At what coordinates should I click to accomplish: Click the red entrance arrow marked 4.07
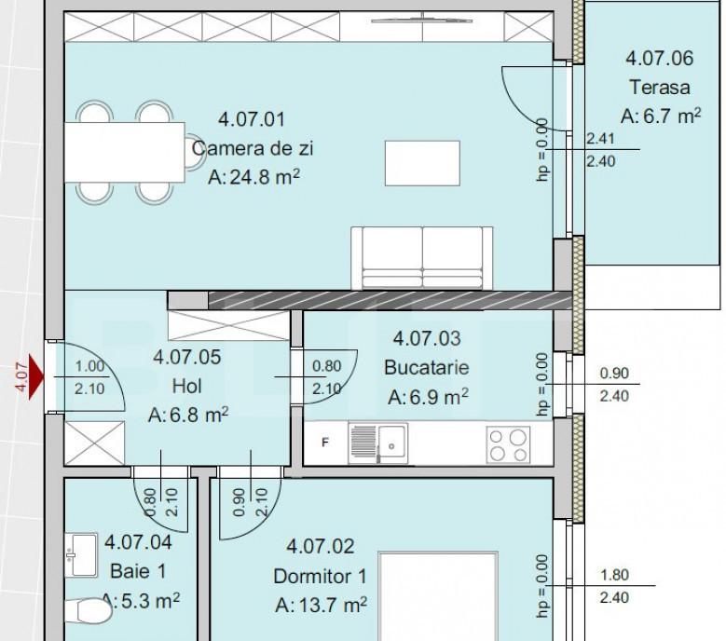pyautogui.click(x=36, y=376)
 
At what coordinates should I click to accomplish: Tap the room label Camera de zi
pyautogui.click(x=253, y=148)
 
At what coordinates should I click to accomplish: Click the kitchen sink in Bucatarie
pyautogui.click(x=377, y=443)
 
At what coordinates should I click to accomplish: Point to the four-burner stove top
pyautogui.click(x=508, y=444)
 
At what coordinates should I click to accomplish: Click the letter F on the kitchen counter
pyautogui.click(x=325, y=443)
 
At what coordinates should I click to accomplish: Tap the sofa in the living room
pyautogui.click(x=422, y=258)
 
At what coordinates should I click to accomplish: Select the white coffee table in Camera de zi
pyautogui.click(x=422, y=163)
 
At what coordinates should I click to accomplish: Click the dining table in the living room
pyautogui.click(x=125, y=152)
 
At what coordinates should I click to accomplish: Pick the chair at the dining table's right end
pyautogui.click(x=196, y=151)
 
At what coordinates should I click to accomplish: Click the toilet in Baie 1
pyautogui.click(x=89, y=611)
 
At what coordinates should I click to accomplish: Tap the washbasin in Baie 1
pyautogui.click(x=81, y=555)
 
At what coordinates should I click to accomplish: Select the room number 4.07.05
pyautogui.click(x=187, y=357)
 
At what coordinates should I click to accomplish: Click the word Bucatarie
pyautogui.click(x=427, y=367)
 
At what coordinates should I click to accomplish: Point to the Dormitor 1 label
pyautogui.click(x=320, y=576)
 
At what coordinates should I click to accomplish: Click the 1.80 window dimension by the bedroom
pyautogui.click(x=614, y=575)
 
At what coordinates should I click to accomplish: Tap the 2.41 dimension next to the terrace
pyautogui.click(x=600, y=139)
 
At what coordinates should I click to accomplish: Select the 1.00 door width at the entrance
pyautogui.click(x=89, y=366)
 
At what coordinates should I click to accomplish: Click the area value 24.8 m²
pyautogui.click(x=253, y=177)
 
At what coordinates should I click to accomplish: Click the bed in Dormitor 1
pyautogui.click(x=438, y=596)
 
